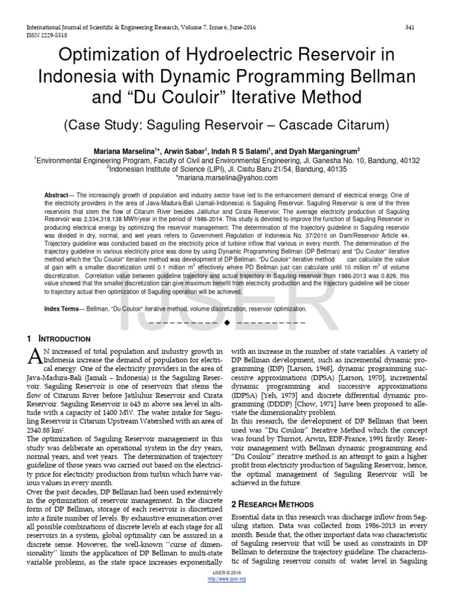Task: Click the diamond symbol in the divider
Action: [x=226, y=324]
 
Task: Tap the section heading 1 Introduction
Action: [x=59, y=339]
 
